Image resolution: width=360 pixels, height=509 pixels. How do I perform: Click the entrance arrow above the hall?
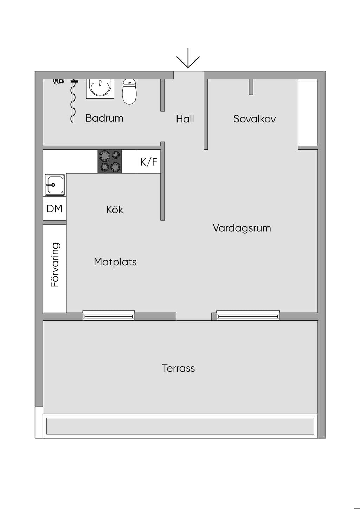tap(188, 58)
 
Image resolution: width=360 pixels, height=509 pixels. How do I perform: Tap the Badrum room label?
tap(104, 118)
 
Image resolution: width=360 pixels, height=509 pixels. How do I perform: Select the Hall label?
tap(185, 119)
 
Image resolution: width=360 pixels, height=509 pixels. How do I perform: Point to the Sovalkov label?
tap(255, 119)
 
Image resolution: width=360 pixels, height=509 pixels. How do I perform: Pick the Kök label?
tap(115, 210)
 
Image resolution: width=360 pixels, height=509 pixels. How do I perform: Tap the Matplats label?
tap(115, 262)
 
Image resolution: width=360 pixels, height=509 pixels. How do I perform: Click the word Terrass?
tap(178, 368)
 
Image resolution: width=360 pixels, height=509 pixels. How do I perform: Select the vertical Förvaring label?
tap(55, 265)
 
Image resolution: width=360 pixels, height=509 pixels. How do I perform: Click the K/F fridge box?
tap(149, 162)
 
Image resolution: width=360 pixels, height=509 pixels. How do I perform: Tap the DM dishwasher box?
tap(54, 208)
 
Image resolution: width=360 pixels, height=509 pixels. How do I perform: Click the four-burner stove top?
tap(110, 161)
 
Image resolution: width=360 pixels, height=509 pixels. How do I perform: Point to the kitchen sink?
tap(54, 185)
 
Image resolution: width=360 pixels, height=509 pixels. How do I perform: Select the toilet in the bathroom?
tap(129, 92)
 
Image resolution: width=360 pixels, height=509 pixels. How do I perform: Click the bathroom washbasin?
tap(100, 89)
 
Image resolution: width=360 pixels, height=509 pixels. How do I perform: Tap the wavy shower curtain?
tap(73, 101)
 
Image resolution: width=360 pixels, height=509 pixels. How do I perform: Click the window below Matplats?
tap(109, 315)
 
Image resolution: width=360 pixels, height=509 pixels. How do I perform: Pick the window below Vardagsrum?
tap(248, 315)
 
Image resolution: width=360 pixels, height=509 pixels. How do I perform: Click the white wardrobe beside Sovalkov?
tap(308, 112)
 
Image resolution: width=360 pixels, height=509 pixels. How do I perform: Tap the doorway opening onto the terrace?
tap(194, 316)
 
